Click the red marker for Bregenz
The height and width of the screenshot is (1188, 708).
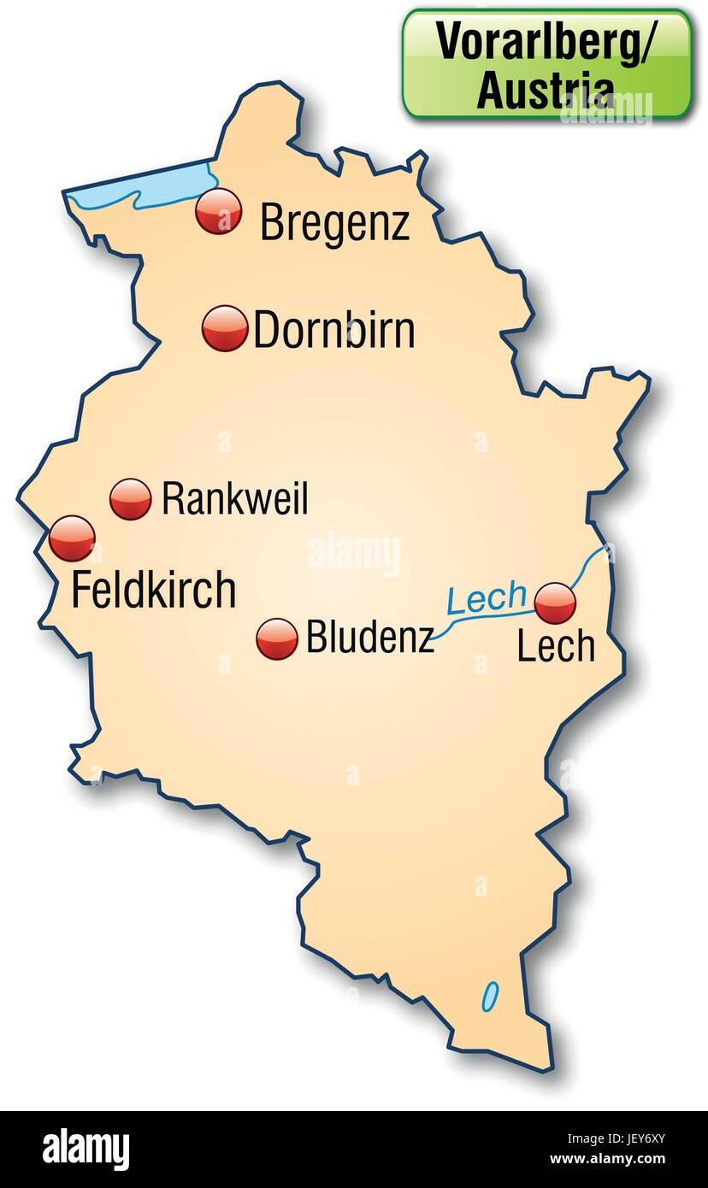[x=218, y=212]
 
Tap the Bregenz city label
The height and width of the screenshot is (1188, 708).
[x=334, y=222]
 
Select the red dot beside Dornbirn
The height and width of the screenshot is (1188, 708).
[x=225, y=328]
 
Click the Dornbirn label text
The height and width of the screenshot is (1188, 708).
[x=334, y=331]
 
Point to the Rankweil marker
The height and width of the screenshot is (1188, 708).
[x=131, y=498]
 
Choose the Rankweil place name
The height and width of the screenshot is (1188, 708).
[x=234, y=499]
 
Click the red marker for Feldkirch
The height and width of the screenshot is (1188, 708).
[x=72, y=538]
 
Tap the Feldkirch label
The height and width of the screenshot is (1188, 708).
[x=153, y=591]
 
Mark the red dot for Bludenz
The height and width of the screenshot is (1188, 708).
[x=277, y=639]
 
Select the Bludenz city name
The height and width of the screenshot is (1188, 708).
[x=370, y=638]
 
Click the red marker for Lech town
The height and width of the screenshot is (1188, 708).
[x=555, y=603]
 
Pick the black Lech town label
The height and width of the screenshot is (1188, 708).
[x=556, y=647]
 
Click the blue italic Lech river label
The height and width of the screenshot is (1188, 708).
[x=487, y=599]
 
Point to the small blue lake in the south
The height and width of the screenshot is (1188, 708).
[x=490, y=995]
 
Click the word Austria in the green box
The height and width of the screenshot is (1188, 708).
[x=545, y=90]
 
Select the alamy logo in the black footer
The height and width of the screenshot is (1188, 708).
[x=86, y=1149]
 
